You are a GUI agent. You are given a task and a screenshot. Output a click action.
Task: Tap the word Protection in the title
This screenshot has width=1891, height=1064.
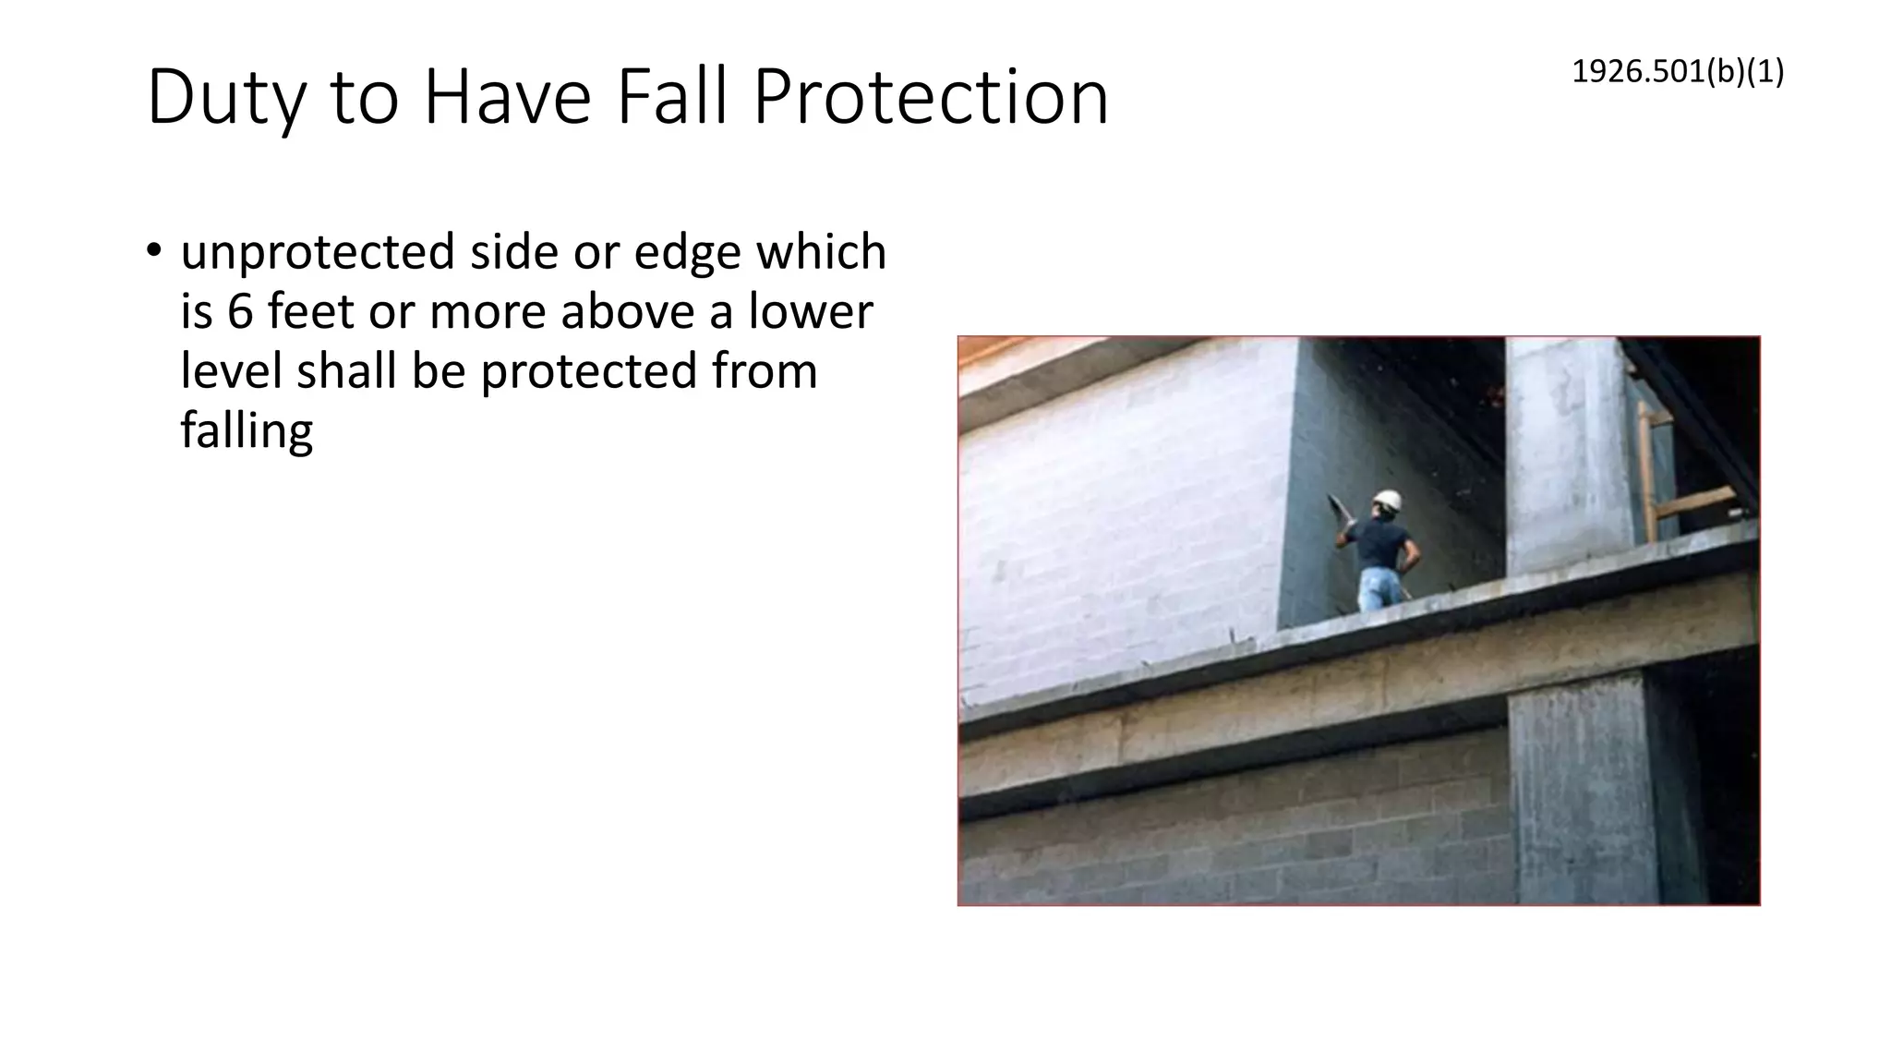pyautogui.click(x=931, y=97)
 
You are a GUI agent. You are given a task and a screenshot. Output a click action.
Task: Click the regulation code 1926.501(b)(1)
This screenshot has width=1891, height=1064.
pyautogui.click(x=1678, y=71)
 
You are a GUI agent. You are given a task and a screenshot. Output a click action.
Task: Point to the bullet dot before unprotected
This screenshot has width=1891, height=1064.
pyautogui.click(x=154, y=251)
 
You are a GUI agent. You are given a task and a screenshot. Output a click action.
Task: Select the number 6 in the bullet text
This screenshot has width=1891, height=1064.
pyautogui.click(x=239, y=311)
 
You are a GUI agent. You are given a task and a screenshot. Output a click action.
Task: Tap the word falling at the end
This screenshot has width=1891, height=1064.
pyautogui.click(x=247, y=430)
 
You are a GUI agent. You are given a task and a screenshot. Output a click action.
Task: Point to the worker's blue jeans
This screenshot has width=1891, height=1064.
pyautogui.click(x=1379, y=587)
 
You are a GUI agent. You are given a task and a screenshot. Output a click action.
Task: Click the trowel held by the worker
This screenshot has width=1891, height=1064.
pyautogui.click(x=1337, y=506)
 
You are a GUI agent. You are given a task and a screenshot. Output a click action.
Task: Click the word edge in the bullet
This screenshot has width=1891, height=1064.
pyautogui.click(x=687, y=252)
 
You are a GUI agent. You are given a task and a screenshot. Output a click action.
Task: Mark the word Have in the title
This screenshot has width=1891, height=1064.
pyautogui.click(x=506, y=97)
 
